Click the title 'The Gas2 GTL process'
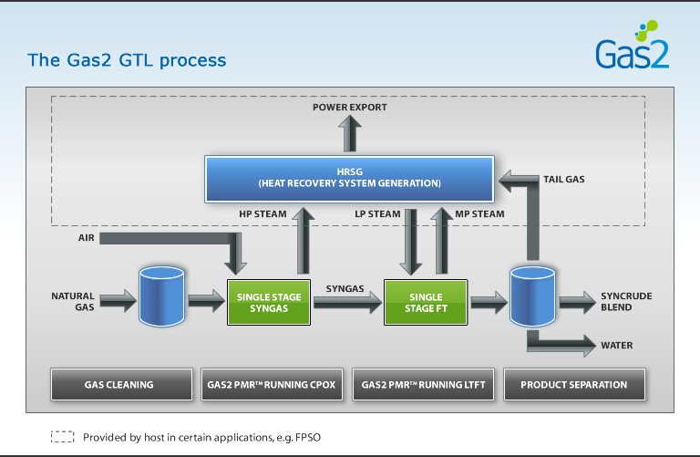(127, 61)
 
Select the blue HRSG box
(349, 178)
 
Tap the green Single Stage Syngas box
(262, 303)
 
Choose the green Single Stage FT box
(426, 303)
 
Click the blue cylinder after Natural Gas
(161, 296)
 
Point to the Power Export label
(349, 108)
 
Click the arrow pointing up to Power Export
(350, 136)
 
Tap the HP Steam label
(262, 214)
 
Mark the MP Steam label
(479, 214)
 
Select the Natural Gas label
(73, 302)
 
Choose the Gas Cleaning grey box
(118, 385)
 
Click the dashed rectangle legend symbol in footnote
(62, 437)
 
